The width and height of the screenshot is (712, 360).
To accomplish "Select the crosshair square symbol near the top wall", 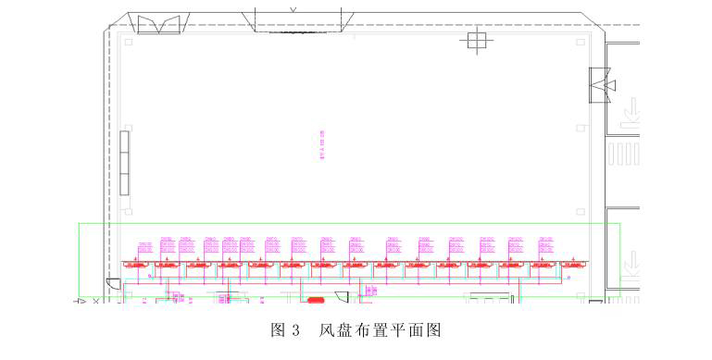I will click(x=477, y=40).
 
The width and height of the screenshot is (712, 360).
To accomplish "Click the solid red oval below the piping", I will click(x=317, y=300).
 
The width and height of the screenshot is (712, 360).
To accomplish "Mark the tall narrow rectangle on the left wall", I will click(x=123, y=162).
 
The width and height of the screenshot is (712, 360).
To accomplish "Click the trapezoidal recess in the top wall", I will click(x=299, y=21).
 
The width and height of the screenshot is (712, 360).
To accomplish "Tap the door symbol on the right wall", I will click(x=603, y=85).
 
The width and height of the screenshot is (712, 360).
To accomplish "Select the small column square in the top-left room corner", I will click(x=129, y=42).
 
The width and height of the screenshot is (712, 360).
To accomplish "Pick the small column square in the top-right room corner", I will click(x=580, y=42).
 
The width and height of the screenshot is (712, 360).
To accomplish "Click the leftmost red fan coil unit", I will click(x=137, y=265).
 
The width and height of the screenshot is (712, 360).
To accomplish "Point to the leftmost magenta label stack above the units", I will click(x=144, y=247).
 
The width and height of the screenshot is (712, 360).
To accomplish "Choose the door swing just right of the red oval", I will click(x=340, y=297).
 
